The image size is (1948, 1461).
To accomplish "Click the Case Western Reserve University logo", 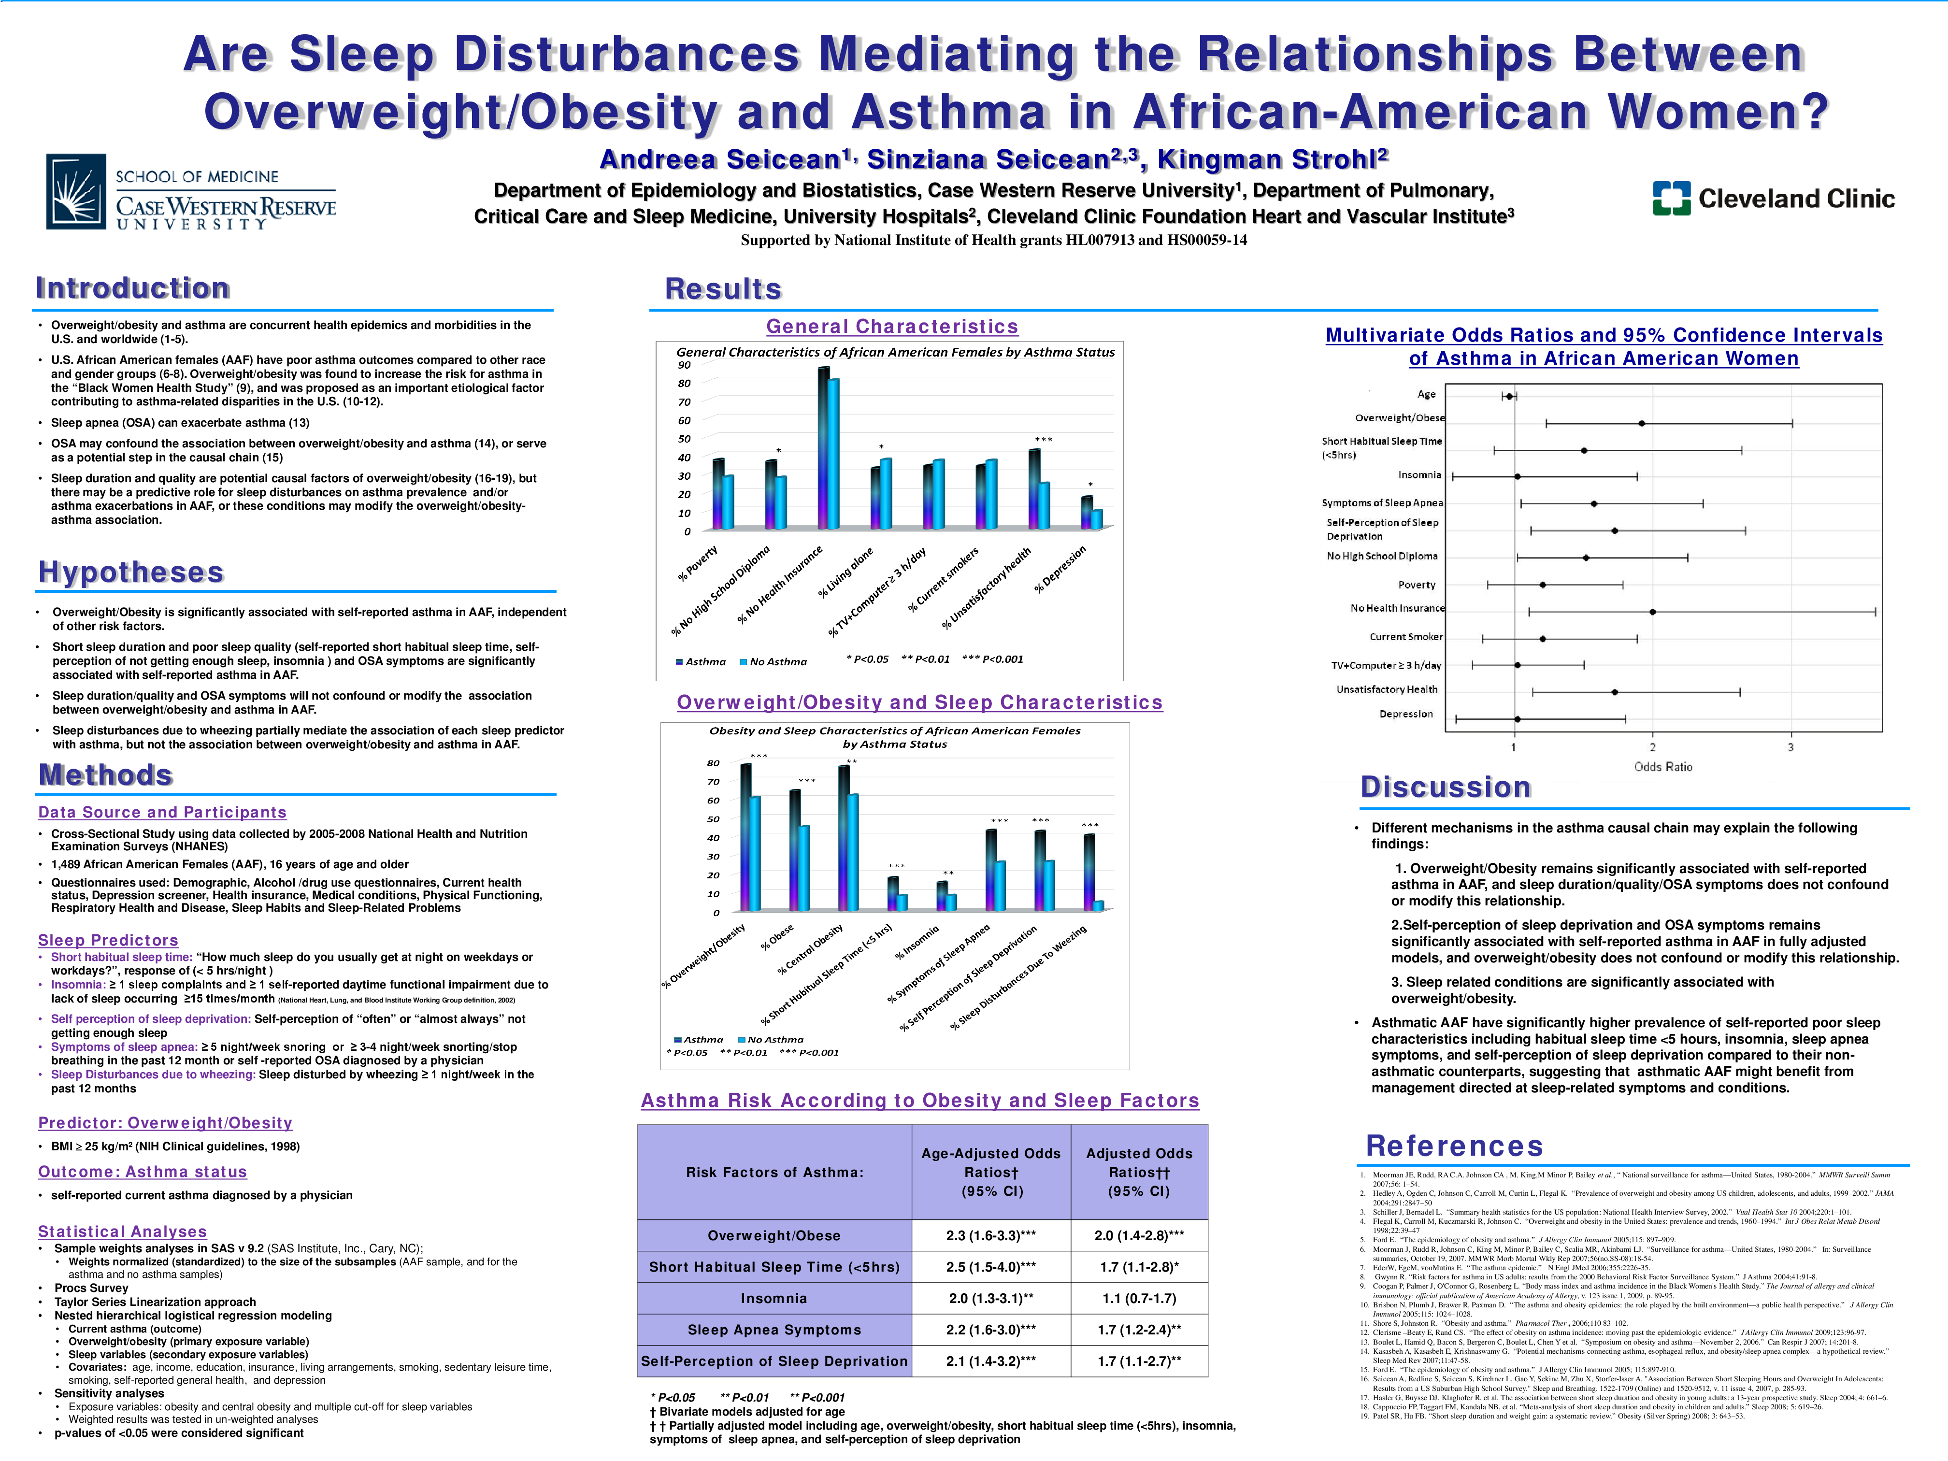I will click(x=192, y=192).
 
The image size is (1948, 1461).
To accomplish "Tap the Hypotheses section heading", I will click(x=131, y=573).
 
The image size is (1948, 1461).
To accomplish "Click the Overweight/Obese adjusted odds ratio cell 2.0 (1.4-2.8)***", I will click(x=1139, y=1235).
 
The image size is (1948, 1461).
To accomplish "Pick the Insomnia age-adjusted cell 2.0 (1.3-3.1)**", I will click(x=991, y=1298).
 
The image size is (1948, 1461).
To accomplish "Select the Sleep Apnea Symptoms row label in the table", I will click(x=774, y=1330).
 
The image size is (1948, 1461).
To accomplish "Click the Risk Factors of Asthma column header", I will click(x=774, y=1172).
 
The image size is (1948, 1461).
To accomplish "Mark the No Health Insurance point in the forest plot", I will click(x=1652, y=611).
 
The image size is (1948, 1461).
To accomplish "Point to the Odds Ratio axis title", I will click(x=1662, y=767).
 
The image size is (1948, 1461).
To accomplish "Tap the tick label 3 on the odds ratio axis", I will click(x=1790, y=748).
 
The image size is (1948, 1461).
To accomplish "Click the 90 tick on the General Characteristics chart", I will click(x=684, y=365).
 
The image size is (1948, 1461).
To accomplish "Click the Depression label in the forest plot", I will click(x=1405, y=714).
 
